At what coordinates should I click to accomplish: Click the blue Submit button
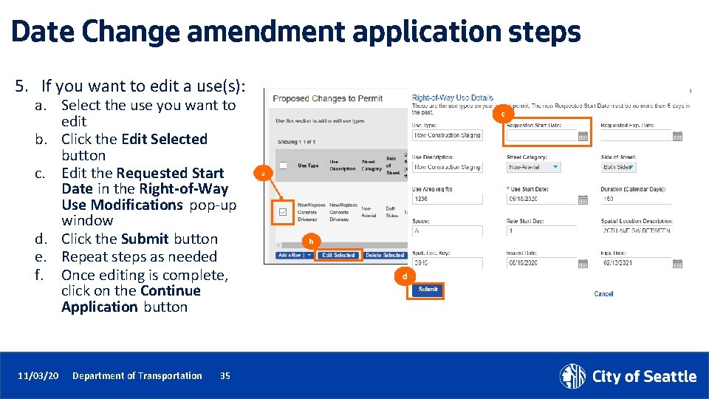point(428,290)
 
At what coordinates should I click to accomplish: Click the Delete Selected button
point(384,256)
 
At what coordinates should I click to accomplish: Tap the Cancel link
point(603,294)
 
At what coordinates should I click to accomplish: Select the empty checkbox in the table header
point(283,166)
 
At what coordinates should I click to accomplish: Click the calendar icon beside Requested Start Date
point(583,136)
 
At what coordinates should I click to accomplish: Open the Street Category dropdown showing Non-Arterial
point(534,168)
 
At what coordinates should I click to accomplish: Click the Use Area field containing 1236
point(447,199)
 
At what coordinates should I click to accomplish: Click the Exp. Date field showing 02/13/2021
point(635,262)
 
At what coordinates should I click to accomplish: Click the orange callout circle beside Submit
point(405,277)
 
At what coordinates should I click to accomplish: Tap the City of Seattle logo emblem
point(572,376)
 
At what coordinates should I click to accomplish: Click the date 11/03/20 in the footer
point(38,376)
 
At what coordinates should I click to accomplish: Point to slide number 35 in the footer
point(225,376)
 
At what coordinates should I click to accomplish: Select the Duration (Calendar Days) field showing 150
point(635,199)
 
